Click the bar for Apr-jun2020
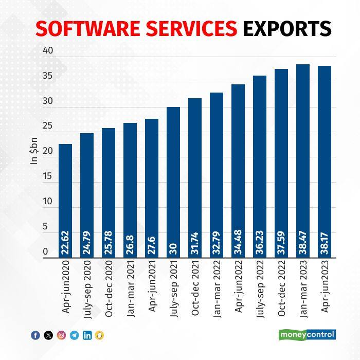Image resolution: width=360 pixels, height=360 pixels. coord(65,201)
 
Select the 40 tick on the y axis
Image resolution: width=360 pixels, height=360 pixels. coord(48,50)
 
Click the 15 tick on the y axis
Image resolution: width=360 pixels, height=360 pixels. coord(48,176)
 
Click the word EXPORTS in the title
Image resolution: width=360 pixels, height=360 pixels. coord(286,29)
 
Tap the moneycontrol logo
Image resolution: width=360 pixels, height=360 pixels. coord(308,335)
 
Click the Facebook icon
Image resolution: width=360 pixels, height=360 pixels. coord(35,335)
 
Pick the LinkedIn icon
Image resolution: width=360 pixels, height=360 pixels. coord(87,335)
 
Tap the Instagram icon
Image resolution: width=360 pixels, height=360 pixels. coord(61,335)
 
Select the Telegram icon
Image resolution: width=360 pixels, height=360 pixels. coord(74,335)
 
